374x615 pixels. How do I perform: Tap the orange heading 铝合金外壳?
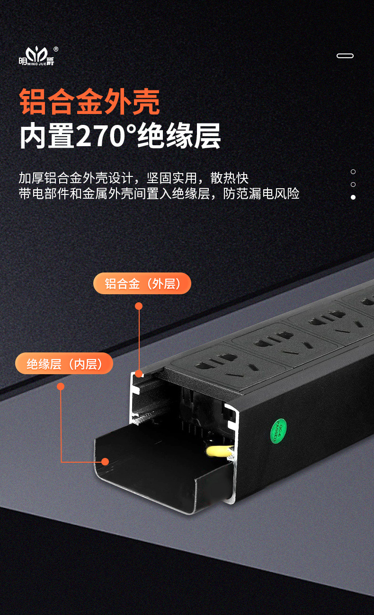89,102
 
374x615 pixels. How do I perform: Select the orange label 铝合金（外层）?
142,284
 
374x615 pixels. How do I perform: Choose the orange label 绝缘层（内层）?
64,364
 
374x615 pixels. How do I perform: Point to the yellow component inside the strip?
217,451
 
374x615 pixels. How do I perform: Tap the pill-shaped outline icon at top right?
345,56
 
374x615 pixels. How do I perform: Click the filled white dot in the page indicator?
353,197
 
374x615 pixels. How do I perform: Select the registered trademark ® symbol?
56,49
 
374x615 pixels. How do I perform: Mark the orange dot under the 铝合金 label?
139,306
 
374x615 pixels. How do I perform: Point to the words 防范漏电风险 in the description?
261,193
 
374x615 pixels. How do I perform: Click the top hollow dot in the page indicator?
353,172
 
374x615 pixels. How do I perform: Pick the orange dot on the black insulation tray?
105,461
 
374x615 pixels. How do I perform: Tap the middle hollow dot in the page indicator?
353,184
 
